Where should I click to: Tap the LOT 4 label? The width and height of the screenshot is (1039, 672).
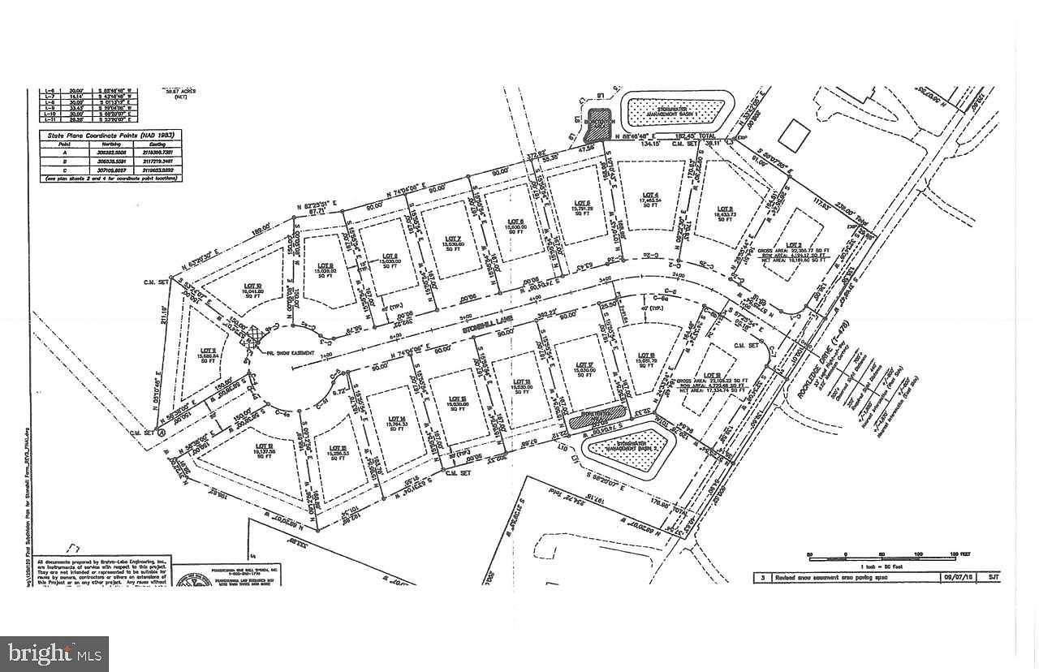tap(649, 195)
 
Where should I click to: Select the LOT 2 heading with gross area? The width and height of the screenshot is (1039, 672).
tap(794, 244)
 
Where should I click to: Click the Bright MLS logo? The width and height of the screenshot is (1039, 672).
tap(54, 651)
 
